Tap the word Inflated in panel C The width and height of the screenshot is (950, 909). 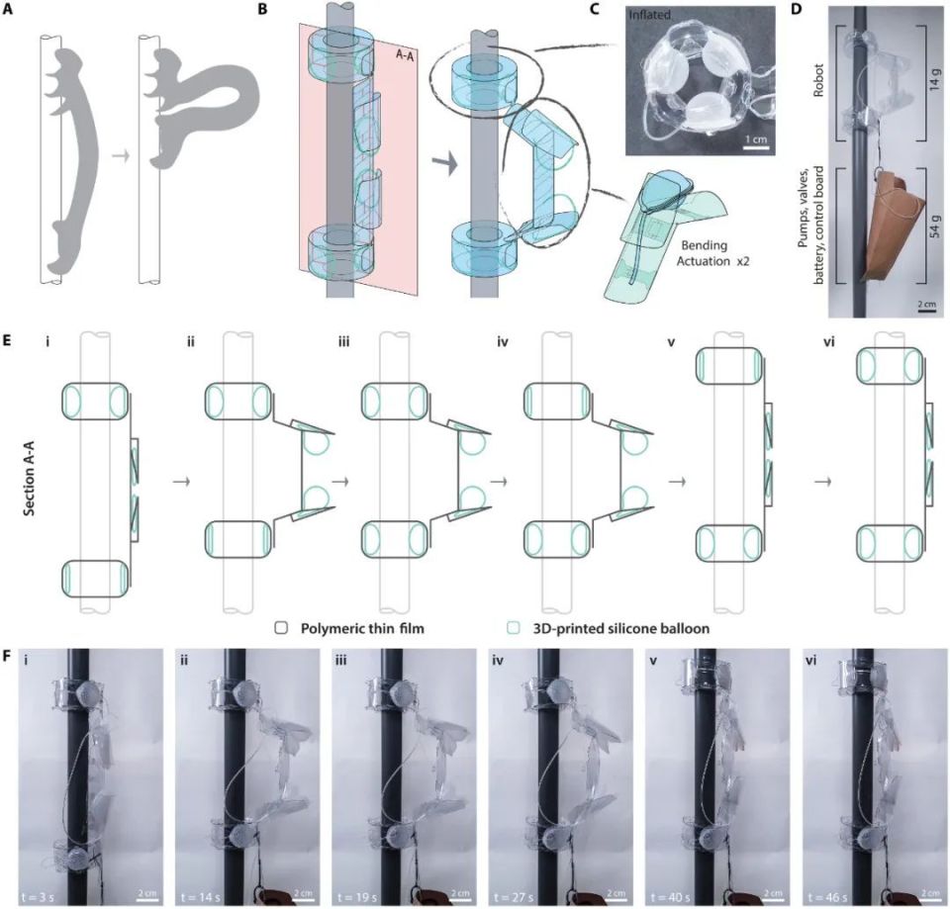[x=649, y=14]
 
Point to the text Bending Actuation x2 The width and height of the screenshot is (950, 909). [x=706, y=254]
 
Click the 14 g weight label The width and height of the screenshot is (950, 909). [x=935, y=80]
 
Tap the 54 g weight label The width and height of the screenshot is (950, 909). [x=935, y=226]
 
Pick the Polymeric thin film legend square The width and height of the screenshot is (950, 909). [x=281, y=628]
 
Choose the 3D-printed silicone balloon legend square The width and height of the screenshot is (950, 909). [x=514, y=628]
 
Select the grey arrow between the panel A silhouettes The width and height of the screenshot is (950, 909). [x=121, y=156]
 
